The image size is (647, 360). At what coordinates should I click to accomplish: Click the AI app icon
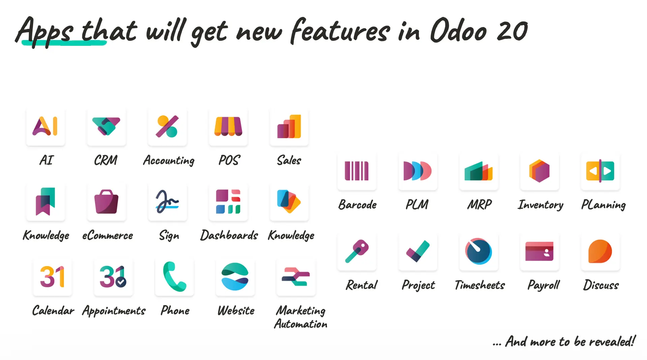45,126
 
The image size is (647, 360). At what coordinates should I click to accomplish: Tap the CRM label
105,160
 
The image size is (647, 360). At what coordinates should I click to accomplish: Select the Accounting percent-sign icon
167,126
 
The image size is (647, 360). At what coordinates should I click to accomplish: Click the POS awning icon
228,126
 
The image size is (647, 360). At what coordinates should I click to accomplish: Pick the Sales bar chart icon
289,126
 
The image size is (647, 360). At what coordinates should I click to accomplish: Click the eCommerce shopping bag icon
106,202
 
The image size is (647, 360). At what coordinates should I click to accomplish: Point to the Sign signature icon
167,201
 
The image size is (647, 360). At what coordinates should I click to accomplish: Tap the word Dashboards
229,235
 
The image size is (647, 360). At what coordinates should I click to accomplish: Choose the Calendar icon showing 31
52,276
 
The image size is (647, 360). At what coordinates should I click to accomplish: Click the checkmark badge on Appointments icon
121,282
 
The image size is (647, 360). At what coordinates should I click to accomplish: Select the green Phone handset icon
174,276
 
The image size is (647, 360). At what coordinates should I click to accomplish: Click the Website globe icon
235,276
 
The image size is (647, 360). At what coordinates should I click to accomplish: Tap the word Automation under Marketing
301,324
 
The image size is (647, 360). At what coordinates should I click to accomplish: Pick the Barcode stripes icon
357,171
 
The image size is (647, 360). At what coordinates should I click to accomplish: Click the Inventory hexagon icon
539,171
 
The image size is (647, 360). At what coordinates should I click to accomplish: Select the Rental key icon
357,251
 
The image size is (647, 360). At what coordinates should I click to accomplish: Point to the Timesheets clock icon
479,251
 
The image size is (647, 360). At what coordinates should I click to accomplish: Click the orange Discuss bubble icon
600,251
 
